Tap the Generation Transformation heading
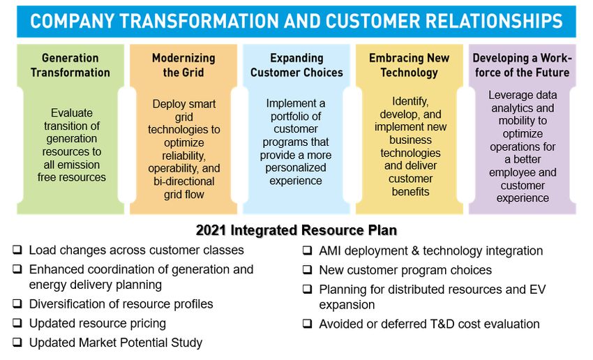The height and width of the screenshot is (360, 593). tap(70, 65)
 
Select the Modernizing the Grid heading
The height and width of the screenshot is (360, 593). tap(183, 65)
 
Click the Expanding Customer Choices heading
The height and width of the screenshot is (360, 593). tap(296, 65)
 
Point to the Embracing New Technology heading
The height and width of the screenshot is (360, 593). tap(410, 65)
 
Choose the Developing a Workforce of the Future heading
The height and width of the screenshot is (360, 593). tap(523, 65)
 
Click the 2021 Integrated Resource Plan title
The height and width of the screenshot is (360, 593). tap(296, 230)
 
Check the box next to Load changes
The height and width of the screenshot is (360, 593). tap(17, 250)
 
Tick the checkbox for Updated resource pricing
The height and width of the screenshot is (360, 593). tap(17, 323)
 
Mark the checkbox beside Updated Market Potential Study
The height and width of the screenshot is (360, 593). tap(17, 343)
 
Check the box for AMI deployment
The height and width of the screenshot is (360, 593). tap(308, 250)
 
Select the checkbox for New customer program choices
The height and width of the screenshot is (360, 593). tap(308, 269)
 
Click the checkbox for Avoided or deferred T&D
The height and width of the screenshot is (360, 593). tap(308, 324)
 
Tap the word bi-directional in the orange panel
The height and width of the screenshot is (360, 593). tap(183, 181)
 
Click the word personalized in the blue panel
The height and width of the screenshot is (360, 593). tap(296, 168)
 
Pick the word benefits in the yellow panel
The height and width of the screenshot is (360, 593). tap(410, 192)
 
